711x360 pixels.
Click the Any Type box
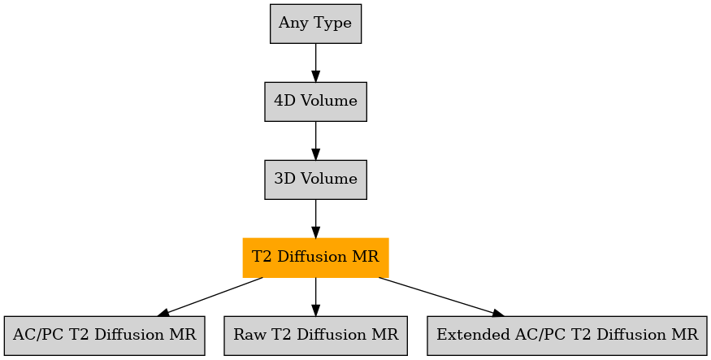pyautogui.click(x=315, y=24)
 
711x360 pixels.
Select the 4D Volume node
pyautogui.click(x=315, y=102)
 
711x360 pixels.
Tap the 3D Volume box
pyautogui.click(x=315, y=180)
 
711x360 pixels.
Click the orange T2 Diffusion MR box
pyautogui.click(x=315, y=258)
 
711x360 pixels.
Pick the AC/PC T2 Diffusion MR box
pyautogui.click(x=105, y=336)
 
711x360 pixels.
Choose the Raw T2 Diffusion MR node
pyautogui.click(x=315, y=336)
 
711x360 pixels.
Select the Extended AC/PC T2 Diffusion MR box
pyautogui.click(x=567, y=336)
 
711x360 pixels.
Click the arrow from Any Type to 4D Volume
pyautogui.click(x=315, y=63)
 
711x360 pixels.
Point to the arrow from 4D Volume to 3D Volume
pyautogui.click(x=315, y=141)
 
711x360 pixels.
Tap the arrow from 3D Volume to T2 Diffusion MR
pyautogui.click(x=315, y=219)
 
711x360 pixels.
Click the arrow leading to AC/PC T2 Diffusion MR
pyautogui.click(x=210, y=297)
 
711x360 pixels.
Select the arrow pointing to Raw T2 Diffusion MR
pyautogui.click(x=315, y=297)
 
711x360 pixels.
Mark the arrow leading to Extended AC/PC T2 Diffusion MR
pyautogui.click(x=442, y=297)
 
